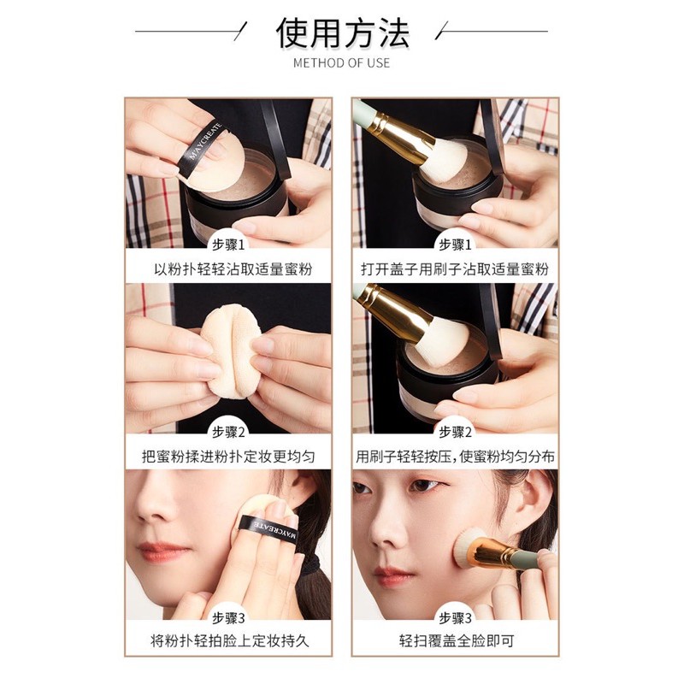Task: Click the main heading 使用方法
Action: click(342, 32)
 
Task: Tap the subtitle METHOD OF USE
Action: click(342, 62)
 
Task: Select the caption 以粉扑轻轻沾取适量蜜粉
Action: click(227, 268)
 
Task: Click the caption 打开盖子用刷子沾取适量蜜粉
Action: click(455, 268)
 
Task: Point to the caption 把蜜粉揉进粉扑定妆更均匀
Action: click(227, 456)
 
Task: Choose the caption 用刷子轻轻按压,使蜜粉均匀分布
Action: click(455, 456)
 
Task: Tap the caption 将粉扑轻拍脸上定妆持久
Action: click(227, 640)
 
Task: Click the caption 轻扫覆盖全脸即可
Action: click(455, 640)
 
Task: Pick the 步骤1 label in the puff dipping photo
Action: click(227, 245)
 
